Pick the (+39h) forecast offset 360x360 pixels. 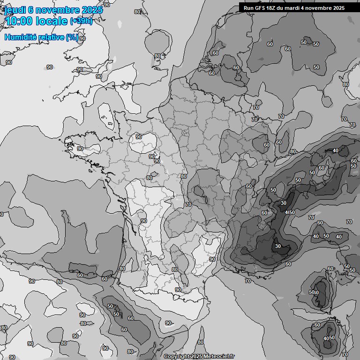click(x=81, y=22)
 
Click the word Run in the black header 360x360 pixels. click(x=248, y=8)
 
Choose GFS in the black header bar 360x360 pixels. click(x=260, y=8)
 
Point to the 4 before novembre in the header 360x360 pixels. click(x=310, y=8)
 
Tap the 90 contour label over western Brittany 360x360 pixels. click(x=80, y=149)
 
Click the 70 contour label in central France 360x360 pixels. click(x=188, y=204)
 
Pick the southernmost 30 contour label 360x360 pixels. click(x=278, y=246)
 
